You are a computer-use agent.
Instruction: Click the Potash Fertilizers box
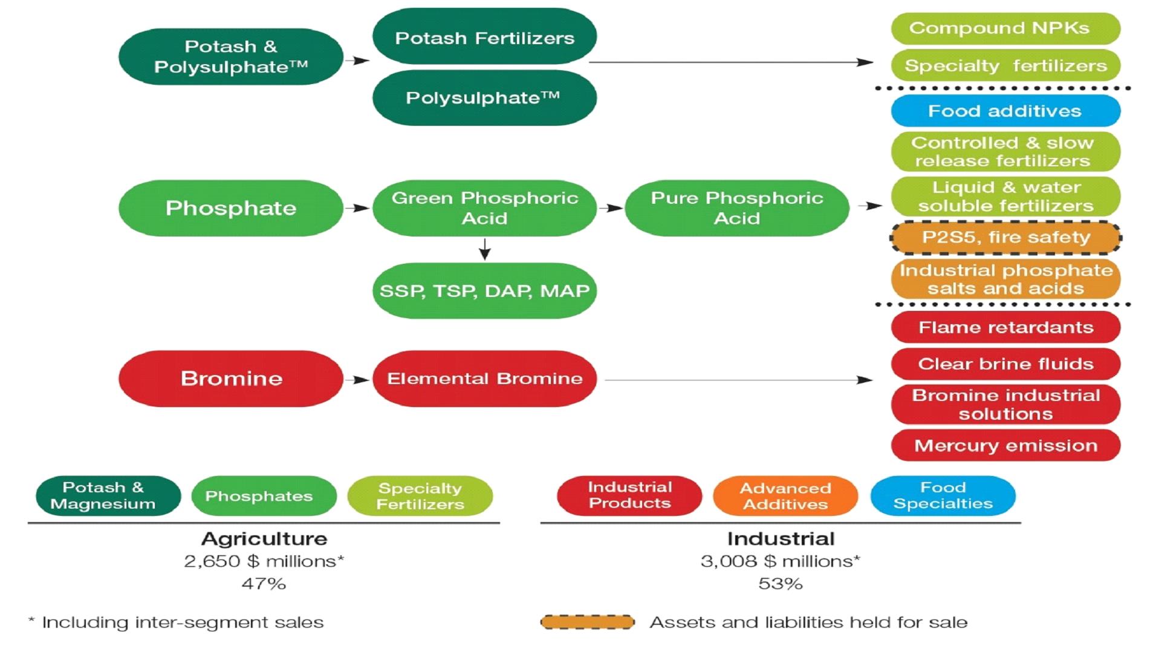(x=484, y=37)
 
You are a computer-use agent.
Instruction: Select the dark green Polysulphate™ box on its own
(x=484, y=98)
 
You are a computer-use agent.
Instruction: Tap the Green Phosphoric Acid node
(x=484, y=207)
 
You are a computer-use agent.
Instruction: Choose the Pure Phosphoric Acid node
(x=736, y=207)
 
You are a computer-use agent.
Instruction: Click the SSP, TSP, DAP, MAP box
(x=484, y=290)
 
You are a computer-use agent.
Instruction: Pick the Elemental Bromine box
(x=484, y=379)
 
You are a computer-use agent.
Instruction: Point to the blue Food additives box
(x=1005, y=111)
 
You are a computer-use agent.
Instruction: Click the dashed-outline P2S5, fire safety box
(x=1005, y=237)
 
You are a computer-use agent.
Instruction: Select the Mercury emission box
(x=1005, y=445)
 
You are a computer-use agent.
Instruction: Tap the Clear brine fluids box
(x=1005, y=363)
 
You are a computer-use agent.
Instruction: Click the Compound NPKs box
(x=1005, y=28)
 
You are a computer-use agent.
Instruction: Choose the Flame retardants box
(x=1005, y=327)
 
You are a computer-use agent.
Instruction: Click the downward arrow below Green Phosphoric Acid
(x=484, y=249)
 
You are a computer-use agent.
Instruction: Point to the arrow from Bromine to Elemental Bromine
(x=357, y=380)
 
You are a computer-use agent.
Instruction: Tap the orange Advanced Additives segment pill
(x=785, y=496)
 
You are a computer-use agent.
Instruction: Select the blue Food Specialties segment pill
(x=943, y=496)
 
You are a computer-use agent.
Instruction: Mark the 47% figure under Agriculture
(x=264, y=584)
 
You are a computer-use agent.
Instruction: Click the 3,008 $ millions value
(x=779, y=561)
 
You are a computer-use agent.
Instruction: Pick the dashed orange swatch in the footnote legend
(x=587, y=622)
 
